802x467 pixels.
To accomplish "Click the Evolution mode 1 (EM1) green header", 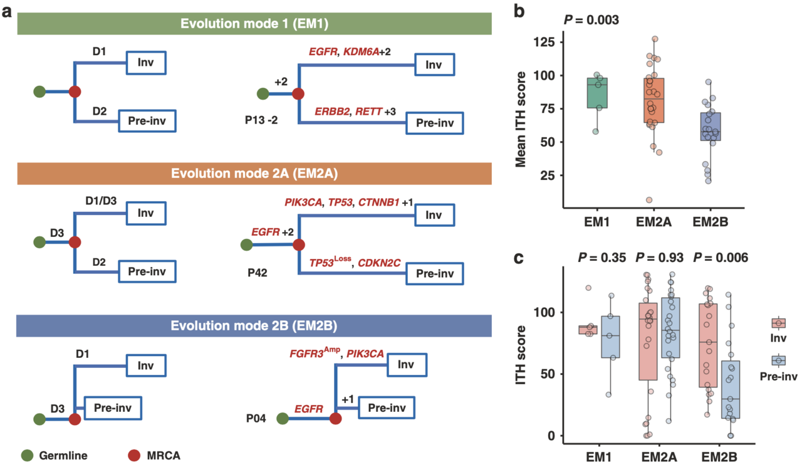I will point(254,24).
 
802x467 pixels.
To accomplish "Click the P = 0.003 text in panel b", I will point(591,19).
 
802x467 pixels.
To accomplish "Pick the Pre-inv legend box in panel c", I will point(778,360).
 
